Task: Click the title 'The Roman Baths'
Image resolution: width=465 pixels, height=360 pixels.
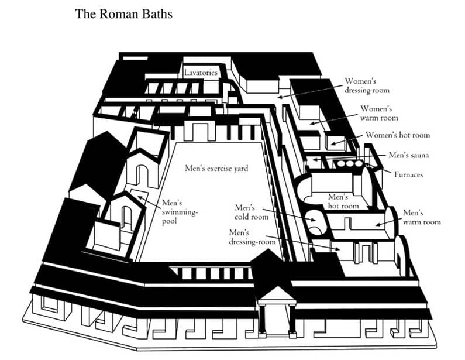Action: [x=123, y=13]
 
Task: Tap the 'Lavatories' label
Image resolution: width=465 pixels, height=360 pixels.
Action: [x=201, y=73]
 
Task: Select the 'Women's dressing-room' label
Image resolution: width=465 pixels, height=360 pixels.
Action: [x=367, y=85]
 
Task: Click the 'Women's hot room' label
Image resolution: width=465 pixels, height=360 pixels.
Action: [x=398, y=135]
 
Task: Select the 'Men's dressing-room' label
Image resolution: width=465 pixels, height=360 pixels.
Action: [x=252, y=237]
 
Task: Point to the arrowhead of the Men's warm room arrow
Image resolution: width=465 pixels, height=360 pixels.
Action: [x=376, y=224]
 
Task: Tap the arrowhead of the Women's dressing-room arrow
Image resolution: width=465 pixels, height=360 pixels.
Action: [x=279, y=96]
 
